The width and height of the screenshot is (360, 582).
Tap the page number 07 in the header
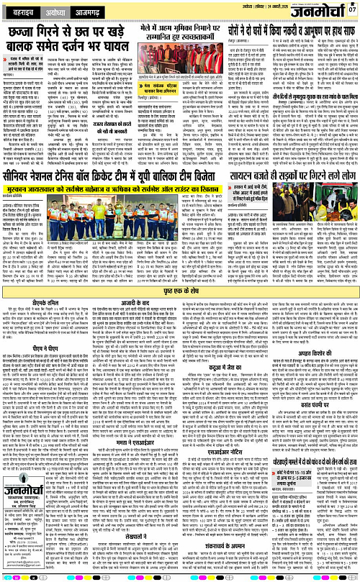click(x=352, y=9)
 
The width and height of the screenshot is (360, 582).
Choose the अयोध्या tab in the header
click(x=59, y=13)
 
